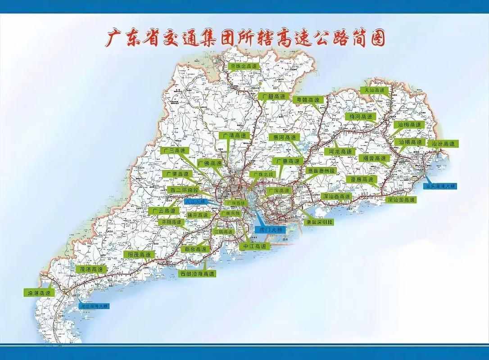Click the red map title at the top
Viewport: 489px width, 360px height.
click(x=245, y=38)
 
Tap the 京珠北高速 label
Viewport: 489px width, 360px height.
click(x=244, y=66)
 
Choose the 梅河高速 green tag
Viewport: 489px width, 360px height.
click(x=361, y=117)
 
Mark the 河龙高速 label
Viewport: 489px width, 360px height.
click(x=340, y=152)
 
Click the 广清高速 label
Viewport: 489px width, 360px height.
click(x=234, y=135)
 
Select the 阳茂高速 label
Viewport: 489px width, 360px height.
click(x=139, y=255)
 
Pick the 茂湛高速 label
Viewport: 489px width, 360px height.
click(x=91, y=269)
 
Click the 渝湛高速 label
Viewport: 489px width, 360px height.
click(x=39, y=292)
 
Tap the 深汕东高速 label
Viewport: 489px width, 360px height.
click(x=401, y=199)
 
